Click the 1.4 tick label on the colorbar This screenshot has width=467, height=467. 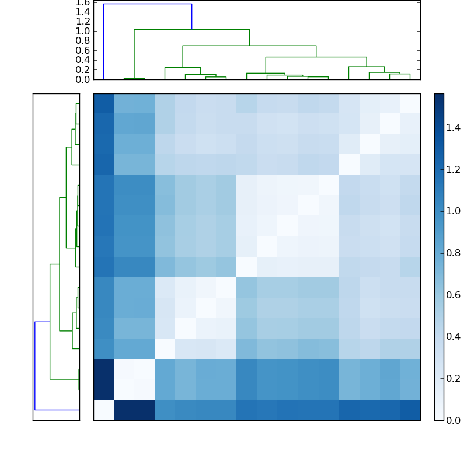click(x=453, y=127)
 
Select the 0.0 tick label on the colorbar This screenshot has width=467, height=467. click(x=453, y=420)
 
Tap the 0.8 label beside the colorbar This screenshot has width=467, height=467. click(x=453, y=253)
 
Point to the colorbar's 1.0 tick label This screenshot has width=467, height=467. click(x=453, y=211)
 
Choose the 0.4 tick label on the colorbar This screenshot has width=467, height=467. click(x=453, y=337)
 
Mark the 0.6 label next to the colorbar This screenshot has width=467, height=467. click(x=453, y=295)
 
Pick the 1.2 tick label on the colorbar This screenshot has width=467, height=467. click(x=453, y=169)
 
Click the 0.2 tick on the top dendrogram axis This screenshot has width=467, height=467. click(x=83, y=70)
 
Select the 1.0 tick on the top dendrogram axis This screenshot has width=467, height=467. click(x=83, y=31)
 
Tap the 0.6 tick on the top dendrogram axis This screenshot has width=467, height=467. click(x=83, y=51)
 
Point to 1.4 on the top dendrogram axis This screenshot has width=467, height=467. click(x=83, y=12)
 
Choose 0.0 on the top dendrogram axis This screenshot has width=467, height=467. click(x=83, y=79)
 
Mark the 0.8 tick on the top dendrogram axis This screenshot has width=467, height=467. click(x=83, y=41)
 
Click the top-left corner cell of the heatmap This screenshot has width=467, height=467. click(x=103, y=103)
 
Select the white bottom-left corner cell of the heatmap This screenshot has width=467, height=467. click(x=103, y=410)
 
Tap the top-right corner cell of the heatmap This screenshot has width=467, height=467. click(x=410, y=103)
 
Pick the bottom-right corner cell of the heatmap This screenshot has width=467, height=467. click(x=410, y=410)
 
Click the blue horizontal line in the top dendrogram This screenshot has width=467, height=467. click(x=147, y=4)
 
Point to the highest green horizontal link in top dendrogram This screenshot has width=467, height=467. click(x=191, y=29)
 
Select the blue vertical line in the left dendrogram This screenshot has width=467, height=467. click(x=35, y=365)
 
